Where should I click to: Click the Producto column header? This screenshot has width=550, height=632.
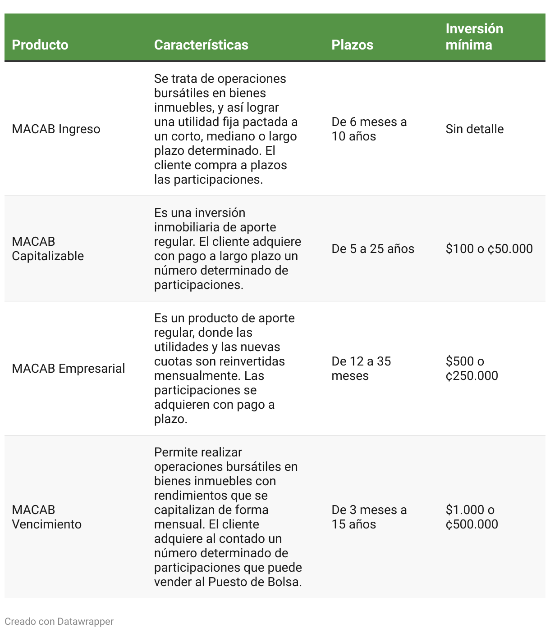tap(40, 45)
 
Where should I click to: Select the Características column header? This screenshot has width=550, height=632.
tap(201, 45)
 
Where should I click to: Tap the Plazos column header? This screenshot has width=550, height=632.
tap(352, 45)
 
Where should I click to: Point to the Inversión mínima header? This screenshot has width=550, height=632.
tap(474, 37)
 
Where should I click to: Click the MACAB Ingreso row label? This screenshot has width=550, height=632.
tap(56, 129)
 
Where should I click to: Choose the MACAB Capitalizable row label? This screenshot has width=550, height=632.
tap(48, 249)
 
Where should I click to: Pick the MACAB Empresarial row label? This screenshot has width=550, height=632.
tap(69, 369)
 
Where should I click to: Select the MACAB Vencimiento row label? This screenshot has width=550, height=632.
tap(47, 517)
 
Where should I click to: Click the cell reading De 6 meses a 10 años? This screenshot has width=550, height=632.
tap(369, 129)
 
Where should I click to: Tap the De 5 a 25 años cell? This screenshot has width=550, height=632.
tap(373, 249)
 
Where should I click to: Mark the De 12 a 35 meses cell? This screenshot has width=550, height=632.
tap(361, 369)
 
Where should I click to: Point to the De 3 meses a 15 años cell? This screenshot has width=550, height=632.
tap(369, 517)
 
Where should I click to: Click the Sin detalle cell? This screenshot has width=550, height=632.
tap(475, 129)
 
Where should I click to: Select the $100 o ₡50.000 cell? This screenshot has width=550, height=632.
tap(489, 249)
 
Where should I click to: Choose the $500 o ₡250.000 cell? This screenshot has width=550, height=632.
tap(472, 369)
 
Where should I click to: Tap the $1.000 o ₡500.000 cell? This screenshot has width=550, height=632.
tap(472, 517)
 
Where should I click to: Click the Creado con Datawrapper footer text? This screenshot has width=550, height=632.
tap(59, 622)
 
